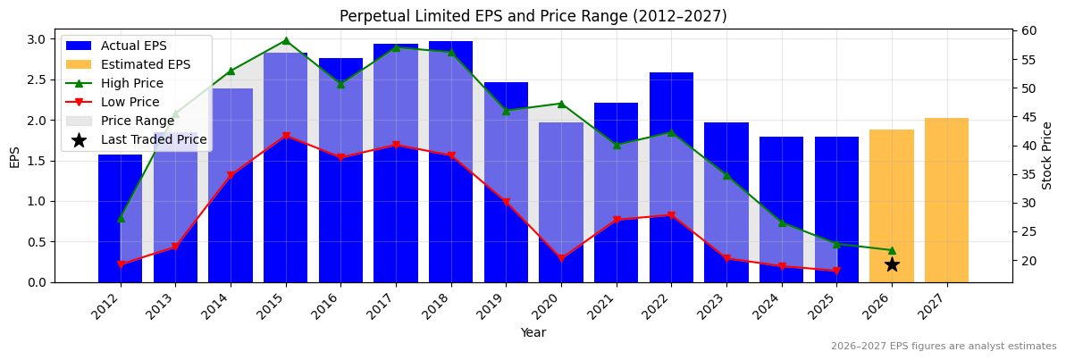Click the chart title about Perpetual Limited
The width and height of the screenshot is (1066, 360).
[533, 16]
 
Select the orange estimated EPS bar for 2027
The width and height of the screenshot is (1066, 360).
[946, 200]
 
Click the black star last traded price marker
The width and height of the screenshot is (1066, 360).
[892, 264]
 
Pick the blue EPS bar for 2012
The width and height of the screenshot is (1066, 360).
[120, 218]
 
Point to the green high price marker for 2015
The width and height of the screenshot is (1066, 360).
[286, 40]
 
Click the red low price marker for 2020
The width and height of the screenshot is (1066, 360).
[561, 259]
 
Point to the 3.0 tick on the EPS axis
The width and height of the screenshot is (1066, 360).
[37, 39]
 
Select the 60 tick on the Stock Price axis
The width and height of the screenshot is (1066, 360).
[1029, 30]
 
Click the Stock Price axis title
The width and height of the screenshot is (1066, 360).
[1047, 155]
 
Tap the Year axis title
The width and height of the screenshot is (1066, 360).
[533, 332]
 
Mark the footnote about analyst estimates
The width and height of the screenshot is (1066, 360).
[944, 347]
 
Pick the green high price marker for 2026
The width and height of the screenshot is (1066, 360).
[892, 250]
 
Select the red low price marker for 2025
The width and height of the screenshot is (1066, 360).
[836, 271]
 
